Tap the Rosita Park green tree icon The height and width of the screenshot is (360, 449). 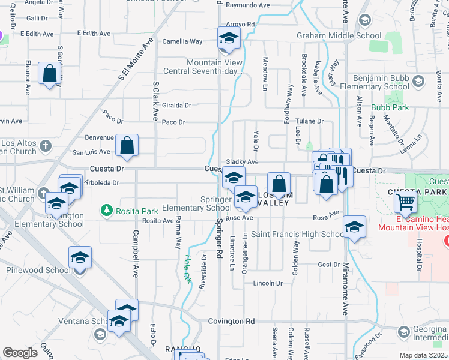pyautogui.click(x=107, y=209)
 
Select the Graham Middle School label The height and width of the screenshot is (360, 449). pyautogui.click(x=339, y=35)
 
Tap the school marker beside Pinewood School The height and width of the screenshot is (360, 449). pyautogui.click(x=80, y=257)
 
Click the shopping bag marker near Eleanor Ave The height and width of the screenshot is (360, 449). pyautogui.click(x=50, y=74)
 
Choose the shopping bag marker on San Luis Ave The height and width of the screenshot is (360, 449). pyautogui.click(x=127, y=145)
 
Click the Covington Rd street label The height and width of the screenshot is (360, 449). pyautogui.click(x=231, y=322)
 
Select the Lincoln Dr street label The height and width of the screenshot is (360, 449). pyautogui.click(x=268, y=283)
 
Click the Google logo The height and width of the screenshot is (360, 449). pyautogui.click(x=20, y=353)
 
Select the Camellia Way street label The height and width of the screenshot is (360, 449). pyautogui.click(x=182, y=41)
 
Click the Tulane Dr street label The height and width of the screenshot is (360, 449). pyautogui.click(x=309, y=121)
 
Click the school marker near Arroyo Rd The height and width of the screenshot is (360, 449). pyautogui.click(x=228, y=41)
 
